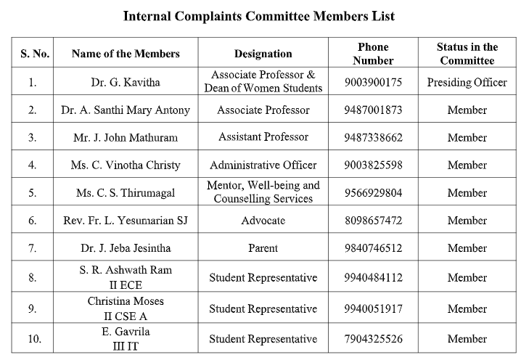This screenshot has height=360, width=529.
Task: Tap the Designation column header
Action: pos(263,54)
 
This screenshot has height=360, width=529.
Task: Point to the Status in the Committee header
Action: pos(467,54)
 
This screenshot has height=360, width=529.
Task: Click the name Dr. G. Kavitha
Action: pos(126,82)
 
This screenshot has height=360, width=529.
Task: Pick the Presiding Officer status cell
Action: pos(467,82)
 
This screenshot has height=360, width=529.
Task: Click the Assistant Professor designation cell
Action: pos(263,137)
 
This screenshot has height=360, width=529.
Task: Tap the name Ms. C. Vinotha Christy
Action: pos(126,165)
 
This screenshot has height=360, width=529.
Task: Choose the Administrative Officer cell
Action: pos(263,165)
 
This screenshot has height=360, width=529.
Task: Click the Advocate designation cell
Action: pos(263,220)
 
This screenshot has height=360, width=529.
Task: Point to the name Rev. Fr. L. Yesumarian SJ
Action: pos(126,220)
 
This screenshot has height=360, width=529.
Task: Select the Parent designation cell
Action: pos(263,248)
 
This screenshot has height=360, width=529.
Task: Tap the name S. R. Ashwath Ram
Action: pos(126,271)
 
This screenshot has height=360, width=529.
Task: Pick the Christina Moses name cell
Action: pos(126,301)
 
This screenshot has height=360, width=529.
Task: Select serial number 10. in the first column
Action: pos(32,339)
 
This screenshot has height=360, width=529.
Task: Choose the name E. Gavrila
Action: pos(126,332)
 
